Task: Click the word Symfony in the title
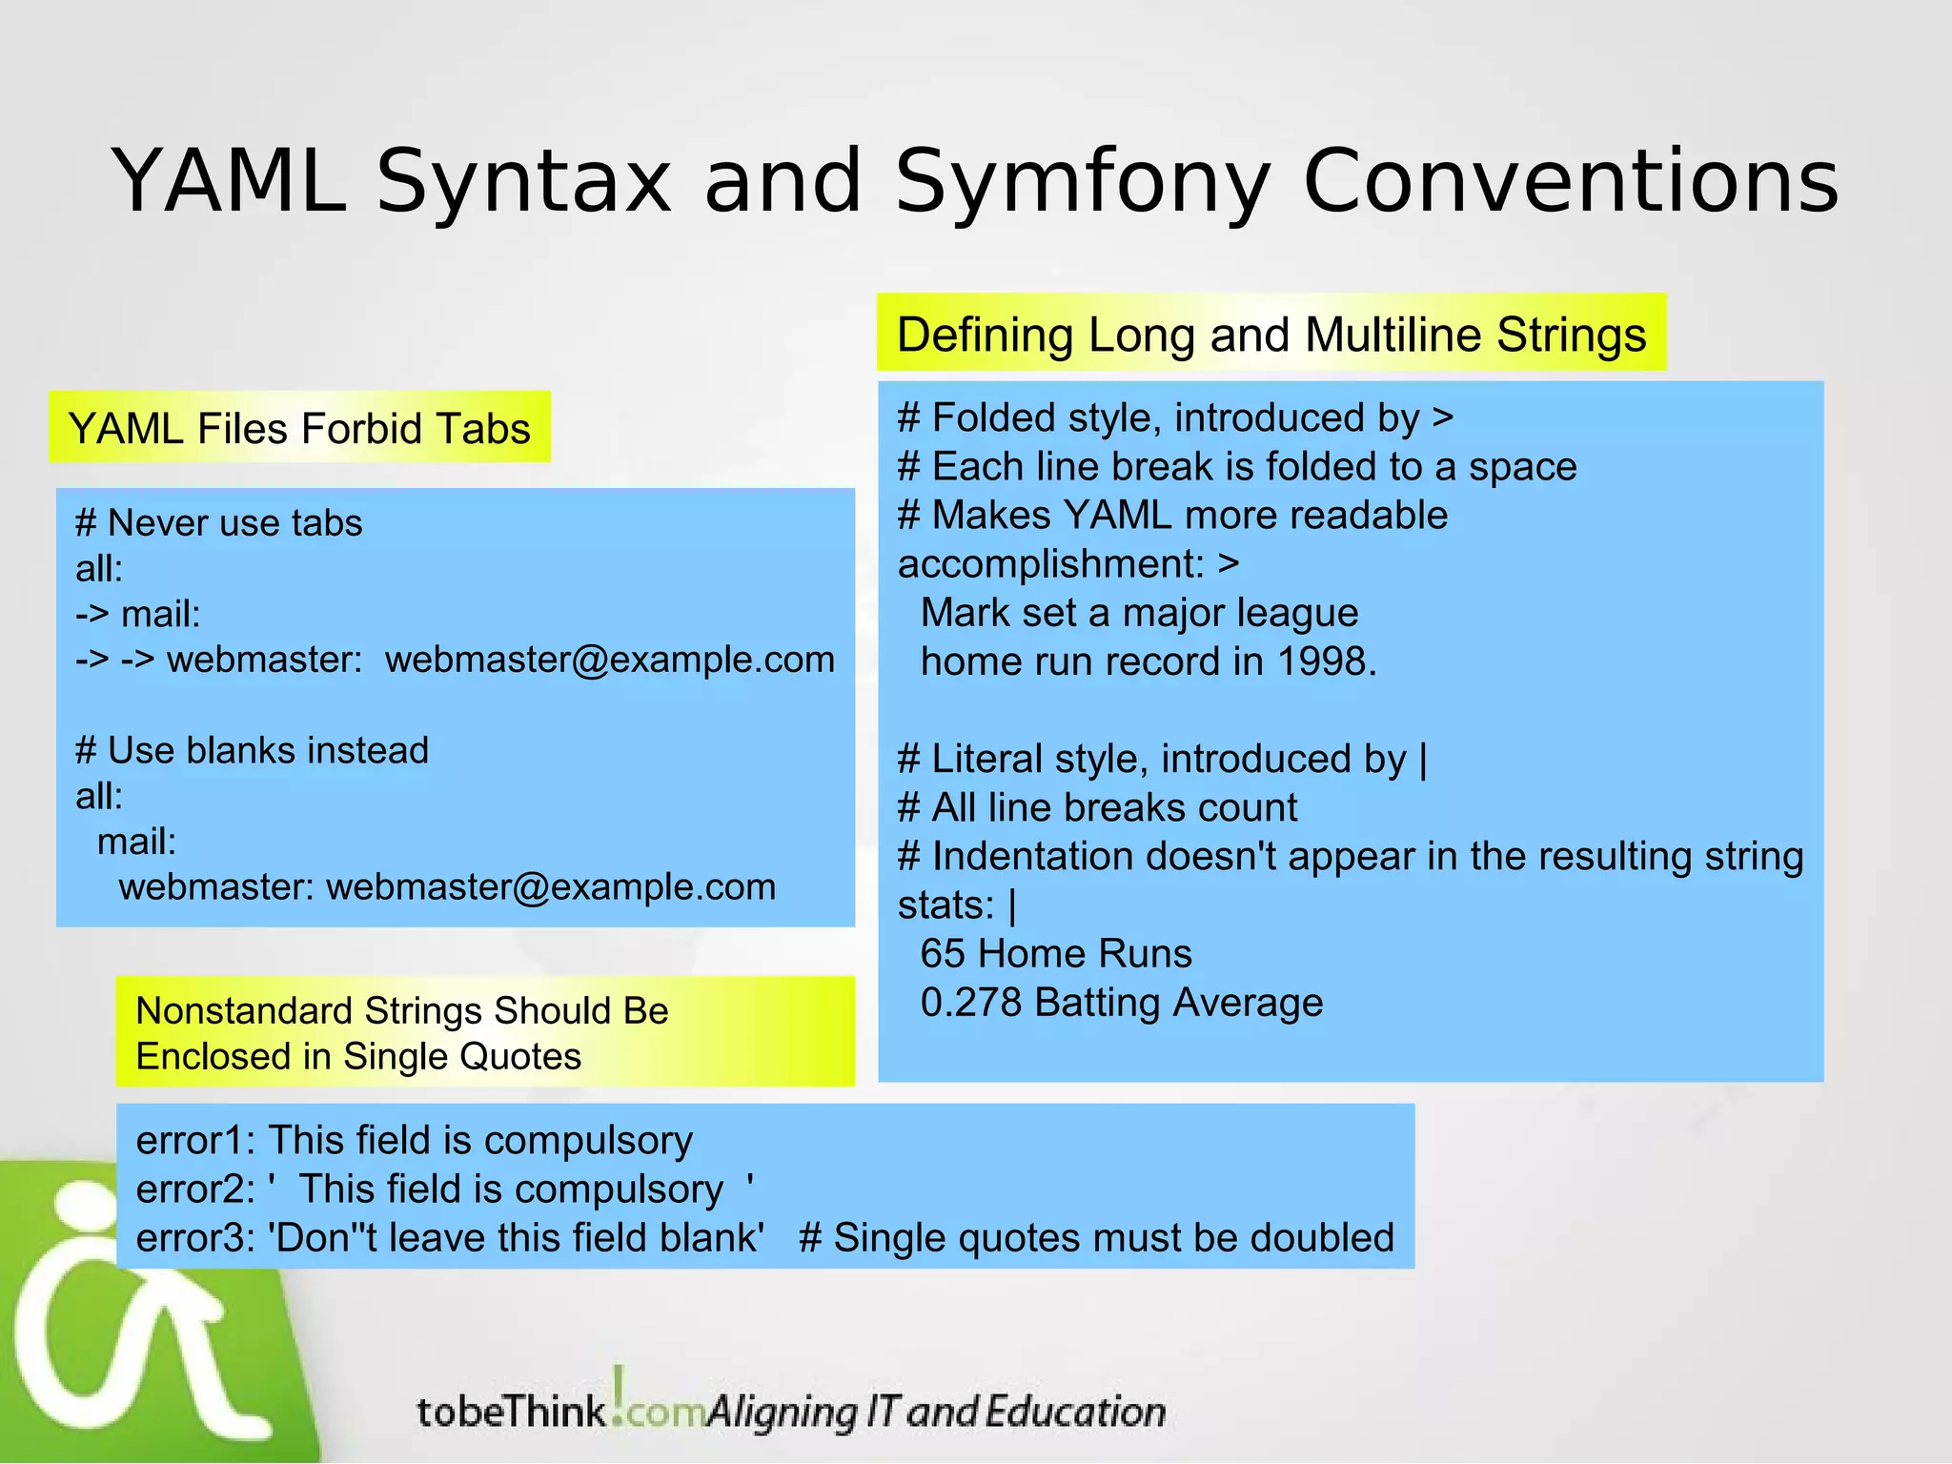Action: [x=1082, y=181]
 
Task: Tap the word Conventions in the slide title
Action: [x=1570, y=181]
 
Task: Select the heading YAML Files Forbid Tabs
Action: [x=299, y=428]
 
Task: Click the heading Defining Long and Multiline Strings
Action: [x=1271, y=335]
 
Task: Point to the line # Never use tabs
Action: [x=219, y=523]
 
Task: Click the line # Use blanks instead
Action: [x=252, y=750]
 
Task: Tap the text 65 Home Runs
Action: [x=1055, y=953]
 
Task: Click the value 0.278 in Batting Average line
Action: [x=971, y=1003]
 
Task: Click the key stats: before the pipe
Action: [x=945, y=905]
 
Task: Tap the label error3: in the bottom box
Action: [x=194, y=1238]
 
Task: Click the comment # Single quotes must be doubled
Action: [x=1096, y=1238]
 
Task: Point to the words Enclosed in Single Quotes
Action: [x=358, y=1057]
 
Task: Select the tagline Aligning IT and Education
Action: [x=936, y=1412]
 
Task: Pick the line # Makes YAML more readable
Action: [x=1172, y=516]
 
